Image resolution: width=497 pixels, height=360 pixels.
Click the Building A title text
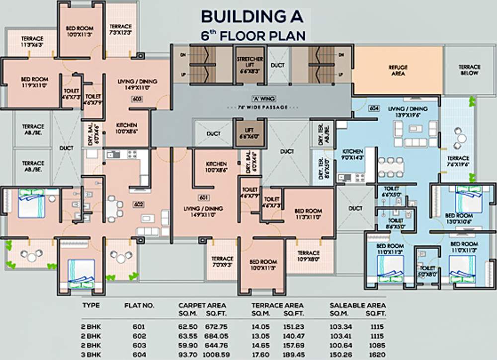(x=251, y=16)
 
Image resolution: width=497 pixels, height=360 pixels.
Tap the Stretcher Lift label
(x=250, y=65)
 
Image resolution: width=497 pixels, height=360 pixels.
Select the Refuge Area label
(x=398, y=70)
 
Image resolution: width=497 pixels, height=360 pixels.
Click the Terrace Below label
(x=469, y=70)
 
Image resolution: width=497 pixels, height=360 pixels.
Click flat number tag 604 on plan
(x=374, y=108)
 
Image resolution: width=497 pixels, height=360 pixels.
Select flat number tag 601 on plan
(x=202, y=198)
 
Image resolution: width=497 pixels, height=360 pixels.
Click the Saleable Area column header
(x=358, y=305)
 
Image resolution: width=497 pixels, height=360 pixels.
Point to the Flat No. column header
(x=137, y=305)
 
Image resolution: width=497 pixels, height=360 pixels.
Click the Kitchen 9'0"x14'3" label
(x=351, y=153)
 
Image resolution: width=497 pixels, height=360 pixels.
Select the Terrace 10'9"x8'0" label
(x=309, y=256)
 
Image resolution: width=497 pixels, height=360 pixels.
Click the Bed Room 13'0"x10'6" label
(x=459, y=218)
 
